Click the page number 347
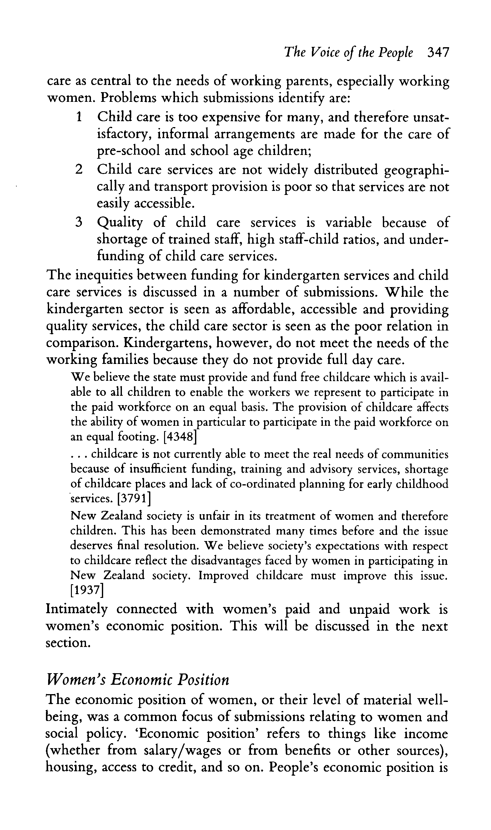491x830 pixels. coord(438,52)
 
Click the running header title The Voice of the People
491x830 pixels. coord(349,52)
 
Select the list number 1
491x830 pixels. coord(78,117)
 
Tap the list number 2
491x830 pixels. coord(78,169)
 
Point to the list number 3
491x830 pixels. coord(78,222)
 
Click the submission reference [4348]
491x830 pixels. coord(180,437)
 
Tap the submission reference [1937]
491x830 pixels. coord(87,589)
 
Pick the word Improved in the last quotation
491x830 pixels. coord(223,576)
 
